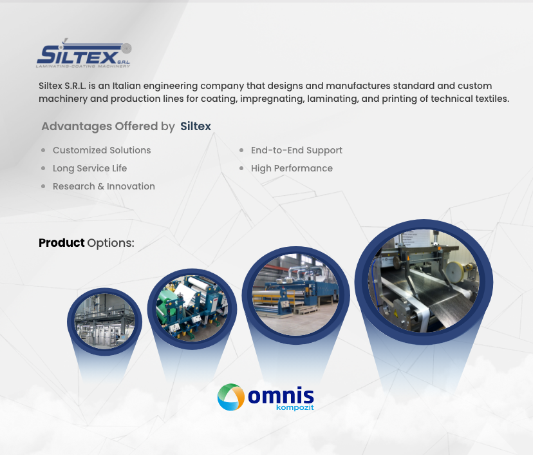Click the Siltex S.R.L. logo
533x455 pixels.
pos(84,53)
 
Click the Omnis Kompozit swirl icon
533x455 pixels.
pos(231,397)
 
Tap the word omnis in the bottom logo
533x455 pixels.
pos(281,396)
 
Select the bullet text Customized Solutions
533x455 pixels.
pos(102,150)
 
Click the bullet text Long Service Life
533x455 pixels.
pos(89,168)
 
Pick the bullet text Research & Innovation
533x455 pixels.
pos(104,186)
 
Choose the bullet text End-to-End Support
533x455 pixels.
pos(296,150)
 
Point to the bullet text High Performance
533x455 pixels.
pos(292,168)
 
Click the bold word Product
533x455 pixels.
pos(62,242)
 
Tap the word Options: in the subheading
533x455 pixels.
pos(111,243)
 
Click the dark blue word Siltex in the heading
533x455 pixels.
pos(196,126)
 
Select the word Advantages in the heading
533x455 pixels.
pos(76,126)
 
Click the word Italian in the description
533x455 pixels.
pos(126,86)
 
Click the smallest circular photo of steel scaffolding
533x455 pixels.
pos(105,322)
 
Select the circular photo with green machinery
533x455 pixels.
pos(192,308)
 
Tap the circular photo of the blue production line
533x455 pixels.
pos(295,295)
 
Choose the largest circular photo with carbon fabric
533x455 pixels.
pos(424,281)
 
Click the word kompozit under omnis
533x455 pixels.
pos(295,407)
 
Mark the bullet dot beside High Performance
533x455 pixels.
pos(241,168)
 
